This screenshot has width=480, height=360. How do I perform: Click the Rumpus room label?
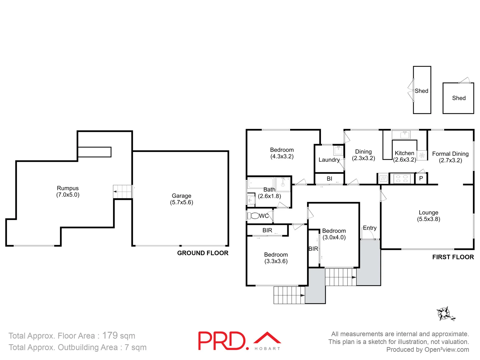pyautogui.click(x=68, y=188)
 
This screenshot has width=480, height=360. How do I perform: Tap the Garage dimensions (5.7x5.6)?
pyautogui.click(x=182, y=202)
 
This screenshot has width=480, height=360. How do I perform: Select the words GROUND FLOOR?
pyautogui.click(x=203, y=253)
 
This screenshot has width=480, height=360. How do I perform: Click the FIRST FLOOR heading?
pyautogui.click(x=453, y=257)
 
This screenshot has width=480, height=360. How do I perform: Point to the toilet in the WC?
pyautogui.click(x=254, y=216)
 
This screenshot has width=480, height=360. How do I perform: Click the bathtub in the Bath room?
pyautogui.click(x=261, y=183)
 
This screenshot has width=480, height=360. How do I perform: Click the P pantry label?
pyautogui.click(x=421, y=178)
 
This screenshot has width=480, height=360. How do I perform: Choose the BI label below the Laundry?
pyautogui.click(x=329, y=179)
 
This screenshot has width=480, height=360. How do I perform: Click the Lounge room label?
pyautogui.click(x=428, y=213)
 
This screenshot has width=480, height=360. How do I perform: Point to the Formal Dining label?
pyautogui.click(x=450, y=154)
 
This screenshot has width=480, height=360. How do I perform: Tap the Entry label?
pyautogui.click(x=370, y=228)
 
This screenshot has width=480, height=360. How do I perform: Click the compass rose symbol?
pyautogui.click(x=444, y=314)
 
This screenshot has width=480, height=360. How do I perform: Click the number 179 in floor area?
pyautogui.click(x=110, y=335)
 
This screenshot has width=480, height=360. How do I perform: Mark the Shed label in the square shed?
pyautogui.click(x=459, y=98)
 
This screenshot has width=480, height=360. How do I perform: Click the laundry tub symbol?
pyautogui.click(x=338, y=151)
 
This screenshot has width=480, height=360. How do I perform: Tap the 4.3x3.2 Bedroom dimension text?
pyautogui.click(x=282, y=156)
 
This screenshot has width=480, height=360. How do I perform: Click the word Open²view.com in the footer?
pyautogui.click(x=447, y=350)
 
